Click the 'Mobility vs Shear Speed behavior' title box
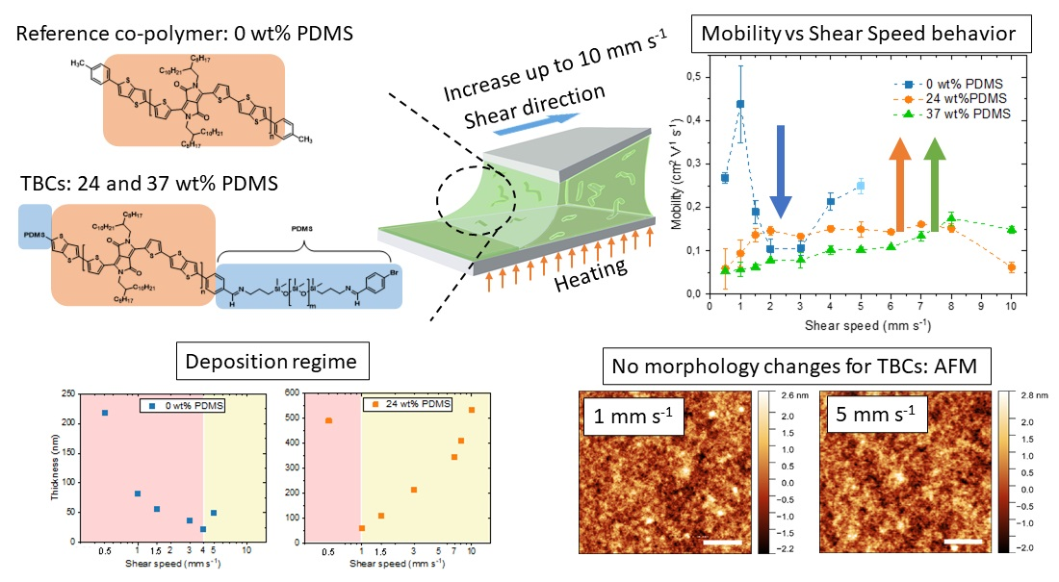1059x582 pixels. (x=859, y=34)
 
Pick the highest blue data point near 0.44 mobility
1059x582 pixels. (x=740, y=104)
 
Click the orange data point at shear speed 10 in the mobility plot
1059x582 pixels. (x=1011, y=266)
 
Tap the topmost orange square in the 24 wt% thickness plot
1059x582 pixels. (x=472, y=410)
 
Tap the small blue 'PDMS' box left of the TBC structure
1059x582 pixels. (x=35, y=231)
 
